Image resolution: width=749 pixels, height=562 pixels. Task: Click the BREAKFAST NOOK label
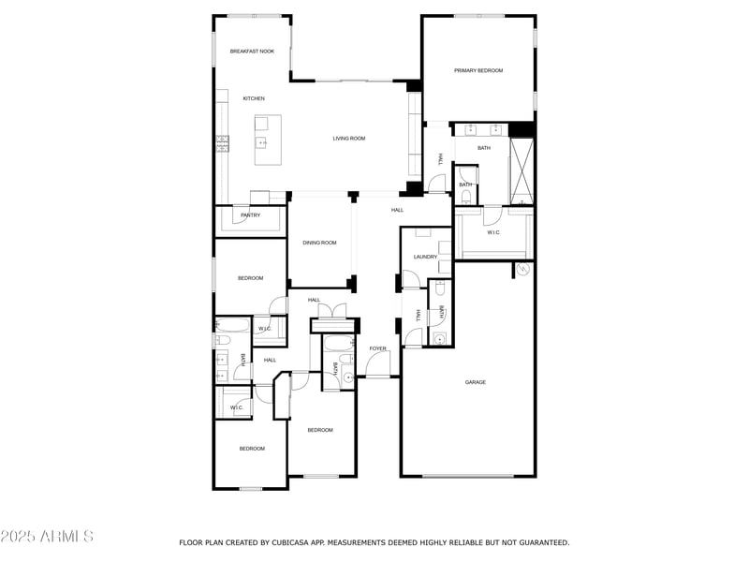pyautogui.click(x=252, y=52)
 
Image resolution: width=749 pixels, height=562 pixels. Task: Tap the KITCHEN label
pyautogui.click(x=254, y=98)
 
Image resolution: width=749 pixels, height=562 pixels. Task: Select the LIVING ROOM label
pyautogui.click(x=348, y=139)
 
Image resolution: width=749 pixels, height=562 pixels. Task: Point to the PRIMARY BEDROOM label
pyautogui.click(x=478, y=70)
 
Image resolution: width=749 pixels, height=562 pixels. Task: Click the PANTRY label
pyautogui.click(x=250, y=215)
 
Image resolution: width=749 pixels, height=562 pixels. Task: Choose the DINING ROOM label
pyautogui.click(x=319, y=243)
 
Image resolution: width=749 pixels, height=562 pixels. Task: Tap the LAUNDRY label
pyautogui.click(x=426, y=257)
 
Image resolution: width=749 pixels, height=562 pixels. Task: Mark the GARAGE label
pyautogui.click(x=476, y=382)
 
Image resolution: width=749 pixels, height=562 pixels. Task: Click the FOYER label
pyautogui.click(x=377, y=348)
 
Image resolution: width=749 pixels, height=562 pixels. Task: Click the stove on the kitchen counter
pyautogui.click(x=223, y=143)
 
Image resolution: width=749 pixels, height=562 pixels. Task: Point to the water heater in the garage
pyautogui.click(x=521, y=270)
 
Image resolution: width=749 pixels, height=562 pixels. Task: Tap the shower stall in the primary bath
pyautogui.click(x=521, y=170)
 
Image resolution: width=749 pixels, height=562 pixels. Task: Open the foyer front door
pyautogui.click(x=378, y=367)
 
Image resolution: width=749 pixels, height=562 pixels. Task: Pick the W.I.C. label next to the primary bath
pyautogui.click(x=493, y=232)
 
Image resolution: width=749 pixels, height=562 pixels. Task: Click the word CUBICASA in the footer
pyautogui.click(x=287, y=542)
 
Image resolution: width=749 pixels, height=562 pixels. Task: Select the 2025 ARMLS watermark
pyautogui.click(x=47, y=537)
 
